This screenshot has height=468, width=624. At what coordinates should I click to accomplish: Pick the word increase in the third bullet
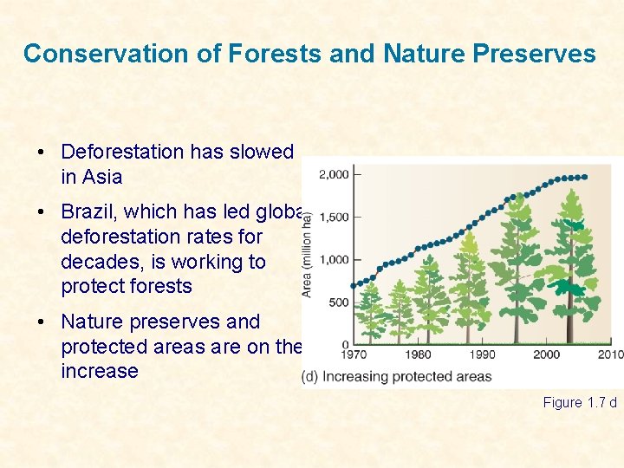(x=100, y=371)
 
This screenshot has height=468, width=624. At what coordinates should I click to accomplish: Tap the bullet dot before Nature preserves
(x=42, y=322)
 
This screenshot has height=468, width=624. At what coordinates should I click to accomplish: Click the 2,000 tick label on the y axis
(x=334, y=174)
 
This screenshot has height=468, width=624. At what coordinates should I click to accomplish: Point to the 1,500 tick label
(x=334, y=217)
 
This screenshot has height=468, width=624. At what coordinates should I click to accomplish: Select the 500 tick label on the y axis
(x=338, y=302)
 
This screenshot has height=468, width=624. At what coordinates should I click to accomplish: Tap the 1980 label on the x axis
(x=418, y=354)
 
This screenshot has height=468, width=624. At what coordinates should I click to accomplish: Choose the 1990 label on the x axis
(x=482, y=354)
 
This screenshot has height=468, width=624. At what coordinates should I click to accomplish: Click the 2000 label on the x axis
(x=546, y=354)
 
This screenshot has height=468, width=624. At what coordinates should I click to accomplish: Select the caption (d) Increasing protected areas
(x=396, y=377)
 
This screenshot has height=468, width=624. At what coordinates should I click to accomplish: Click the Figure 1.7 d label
(x=580, y=402)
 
